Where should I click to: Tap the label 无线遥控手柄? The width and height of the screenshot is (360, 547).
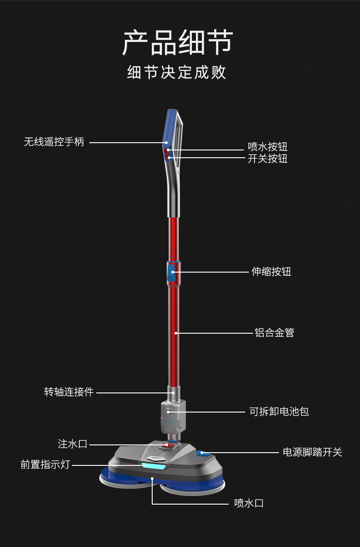click(54, 142)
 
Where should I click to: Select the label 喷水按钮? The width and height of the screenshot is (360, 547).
click(267, 147)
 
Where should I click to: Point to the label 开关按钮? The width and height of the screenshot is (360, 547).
click(267, 159)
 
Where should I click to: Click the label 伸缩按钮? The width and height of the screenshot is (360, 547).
click(271, 272)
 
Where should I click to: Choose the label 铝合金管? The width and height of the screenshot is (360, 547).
click(274, 333)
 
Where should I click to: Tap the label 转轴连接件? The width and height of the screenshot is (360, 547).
click(69, 392)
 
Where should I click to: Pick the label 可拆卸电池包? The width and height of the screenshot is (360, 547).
click(279, 412)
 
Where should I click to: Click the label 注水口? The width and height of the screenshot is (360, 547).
click(72, 444)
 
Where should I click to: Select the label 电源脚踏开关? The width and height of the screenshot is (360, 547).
click(312, 452)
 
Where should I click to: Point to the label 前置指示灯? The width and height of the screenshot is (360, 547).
click(45, 464)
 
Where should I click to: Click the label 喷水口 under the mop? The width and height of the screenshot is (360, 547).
click(249, 503)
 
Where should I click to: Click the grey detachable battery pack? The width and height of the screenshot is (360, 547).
click(173, 416)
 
